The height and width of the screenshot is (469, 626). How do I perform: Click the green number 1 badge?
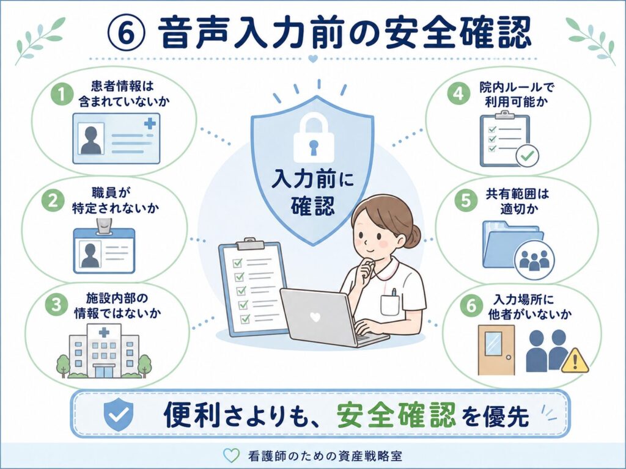[62, 94]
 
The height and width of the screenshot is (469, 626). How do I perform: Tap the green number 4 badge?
[458, 93]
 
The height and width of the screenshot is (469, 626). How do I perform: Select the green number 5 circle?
[466, 200]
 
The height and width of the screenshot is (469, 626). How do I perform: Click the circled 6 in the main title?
[125, 34]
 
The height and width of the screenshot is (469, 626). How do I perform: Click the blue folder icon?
[512, 244]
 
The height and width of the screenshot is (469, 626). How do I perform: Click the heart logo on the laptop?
[315, 317]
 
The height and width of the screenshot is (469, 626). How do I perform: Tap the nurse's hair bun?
[413, 236]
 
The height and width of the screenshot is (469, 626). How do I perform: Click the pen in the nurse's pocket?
[394, 293]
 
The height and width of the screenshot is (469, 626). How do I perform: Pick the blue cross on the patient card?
[150, 123]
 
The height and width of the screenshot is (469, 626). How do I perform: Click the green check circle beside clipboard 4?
[527, 156]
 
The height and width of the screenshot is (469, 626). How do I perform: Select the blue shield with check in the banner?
[119, 413]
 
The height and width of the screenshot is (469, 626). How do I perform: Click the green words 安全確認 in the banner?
[396, 415]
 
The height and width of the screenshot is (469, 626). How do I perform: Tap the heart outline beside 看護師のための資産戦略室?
[231, 456]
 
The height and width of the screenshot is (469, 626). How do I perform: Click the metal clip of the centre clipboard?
[250, 243]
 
